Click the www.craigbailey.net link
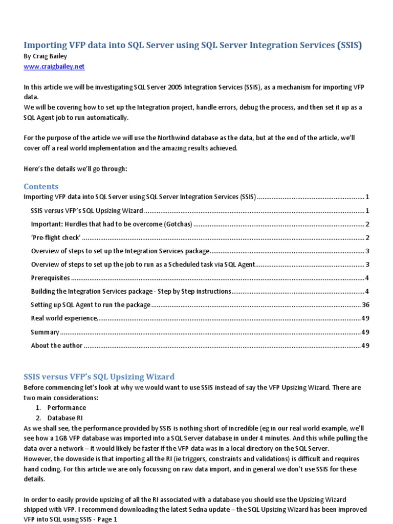click(x=54, y=67)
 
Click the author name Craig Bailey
click(x=46, y=57)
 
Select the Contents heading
click(x=41, y=186)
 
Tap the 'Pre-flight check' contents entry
click(x=56, y=237)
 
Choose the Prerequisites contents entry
click(x=50, y=278)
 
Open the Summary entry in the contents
click(x=45, y=332)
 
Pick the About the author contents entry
click(x=56, y=345)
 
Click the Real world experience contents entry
click(x=63, y=318)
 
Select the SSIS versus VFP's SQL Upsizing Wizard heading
click(x=99, y=377)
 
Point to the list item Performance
click(x=67, y=408)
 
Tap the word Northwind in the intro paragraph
click(x=166, y=138)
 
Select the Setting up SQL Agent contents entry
click(x=91, y=305)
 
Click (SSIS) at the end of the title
click(x=350, y=46)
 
